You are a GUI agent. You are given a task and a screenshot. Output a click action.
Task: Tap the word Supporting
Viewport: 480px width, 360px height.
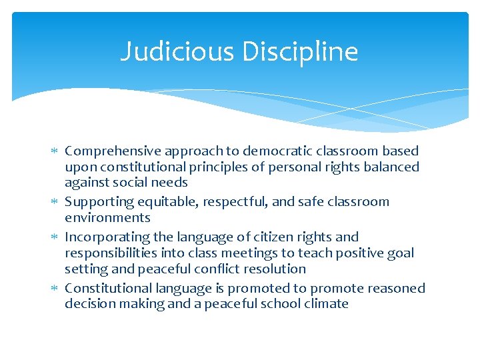99,202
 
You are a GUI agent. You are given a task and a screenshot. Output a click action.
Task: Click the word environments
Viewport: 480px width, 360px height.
107,217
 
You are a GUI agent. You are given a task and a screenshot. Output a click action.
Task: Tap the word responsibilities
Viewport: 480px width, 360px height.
113,253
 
